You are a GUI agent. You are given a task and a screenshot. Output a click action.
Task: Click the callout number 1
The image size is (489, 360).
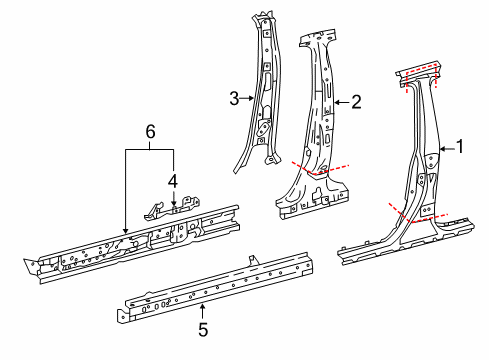(x=460, y=147)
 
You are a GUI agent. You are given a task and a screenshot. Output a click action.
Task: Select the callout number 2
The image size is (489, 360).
(x=356, y=102)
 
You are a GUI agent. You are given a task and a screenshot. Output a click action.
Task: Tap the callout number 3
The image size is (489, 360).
(x=234, y=99)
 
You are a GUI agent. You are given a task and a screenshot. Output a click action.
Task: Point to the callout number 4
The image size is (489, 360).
(x=173, y=182)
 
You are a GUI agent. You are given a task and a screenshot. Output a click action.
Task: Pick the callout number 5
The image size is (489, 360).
(x=203, y=330)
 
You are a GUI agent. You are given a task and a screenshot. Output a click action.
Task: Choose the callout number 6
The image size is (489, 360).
(x=150, y=132)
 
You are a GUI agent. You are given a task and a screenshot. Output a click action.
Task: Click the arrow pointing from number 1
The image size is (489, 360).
(x=447, y=150)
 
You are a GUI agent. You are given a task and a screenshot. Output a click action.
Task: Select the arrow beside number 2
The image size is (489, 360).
(x=341, y=102)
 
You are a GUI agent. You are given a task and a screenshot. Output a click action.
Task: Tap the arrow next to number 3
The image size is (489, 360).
(x=247, y=98)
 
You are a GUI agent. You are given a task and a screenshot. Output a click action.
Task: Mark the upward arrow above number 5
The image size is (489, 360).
(x=202, y=312)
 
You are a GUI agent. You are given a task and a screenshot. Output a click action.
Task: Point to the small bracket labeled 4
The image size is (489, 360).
(x=172, y=209)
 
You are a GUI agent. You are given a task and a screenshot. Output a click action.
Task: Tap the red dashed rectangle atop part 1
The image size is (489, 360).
(x=421, y=76)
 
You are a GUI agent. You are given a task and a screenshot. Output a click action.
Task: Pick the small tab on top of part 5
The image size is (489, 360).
(x=253, y=260)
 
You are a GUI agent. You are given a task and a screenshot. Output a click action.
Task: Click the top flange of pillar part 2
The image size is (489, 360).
(x=317, y=38)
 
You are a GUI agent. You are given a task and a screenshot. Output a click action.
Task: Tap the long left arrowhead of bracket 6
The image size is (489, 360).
(x=125, y=230)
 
